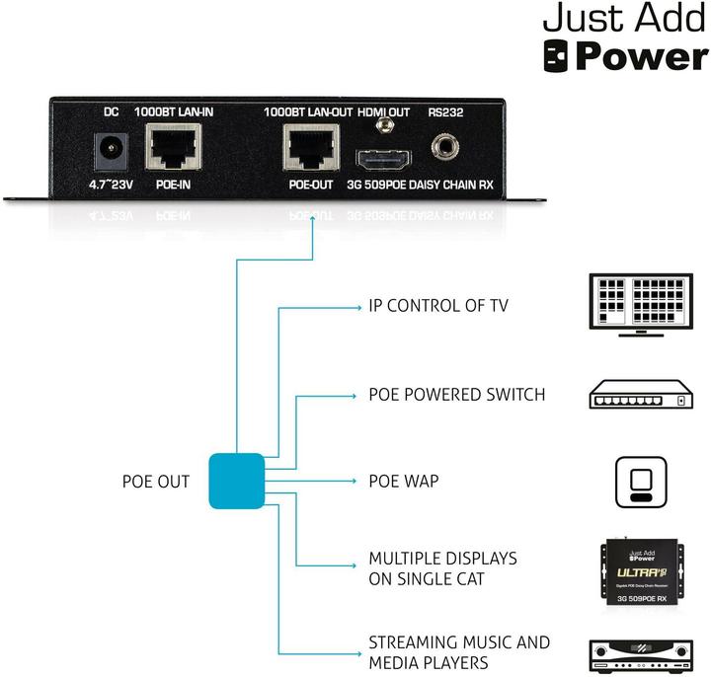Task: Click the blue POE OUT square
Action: point(237,481)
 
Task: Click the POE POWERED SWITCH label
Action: point(455,395)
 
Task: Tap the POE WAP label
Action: point(403,482)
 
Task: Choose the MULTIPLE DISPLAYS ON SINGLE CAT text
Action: point(441,568)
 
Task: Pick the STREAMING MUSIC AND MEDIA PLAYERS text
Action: point(458,652)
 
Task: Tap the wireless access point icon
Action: point(641,482)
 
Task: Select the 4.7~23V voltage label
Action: point(109,184)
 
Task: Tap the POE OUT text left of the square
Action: point(156,482)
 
